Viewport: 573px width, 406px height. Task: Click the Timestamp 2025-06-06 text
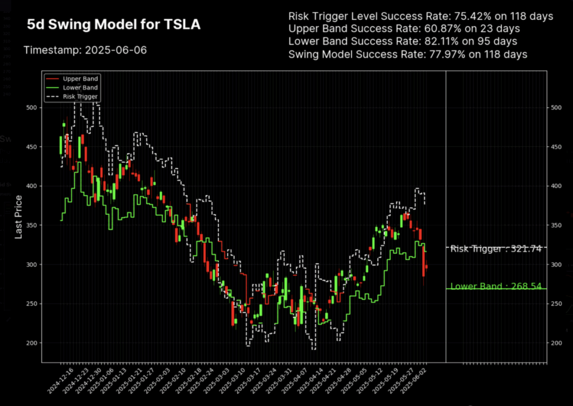[85, 50]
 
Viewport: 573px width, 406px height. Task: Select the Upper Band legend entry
[79, 79]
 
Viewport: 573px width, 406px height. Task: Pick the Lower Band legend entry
[79, 88]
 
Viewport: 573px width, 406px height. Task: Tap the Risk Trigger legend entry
[79, 96]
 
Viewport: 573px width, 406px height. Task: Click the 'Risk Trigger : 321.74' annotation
[496, 249]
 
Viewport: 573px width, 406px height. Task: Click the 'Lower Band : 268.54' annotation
[496, 286]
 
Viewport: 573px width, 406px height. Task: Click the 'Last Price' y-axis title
[18, 217]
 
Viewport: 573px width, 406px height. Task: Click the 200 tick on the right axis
[553, 343]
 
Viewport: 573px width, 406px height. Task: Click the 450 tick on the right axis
[553, 147]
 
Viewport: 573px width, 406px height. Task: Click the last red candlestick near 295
[426, 267]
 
